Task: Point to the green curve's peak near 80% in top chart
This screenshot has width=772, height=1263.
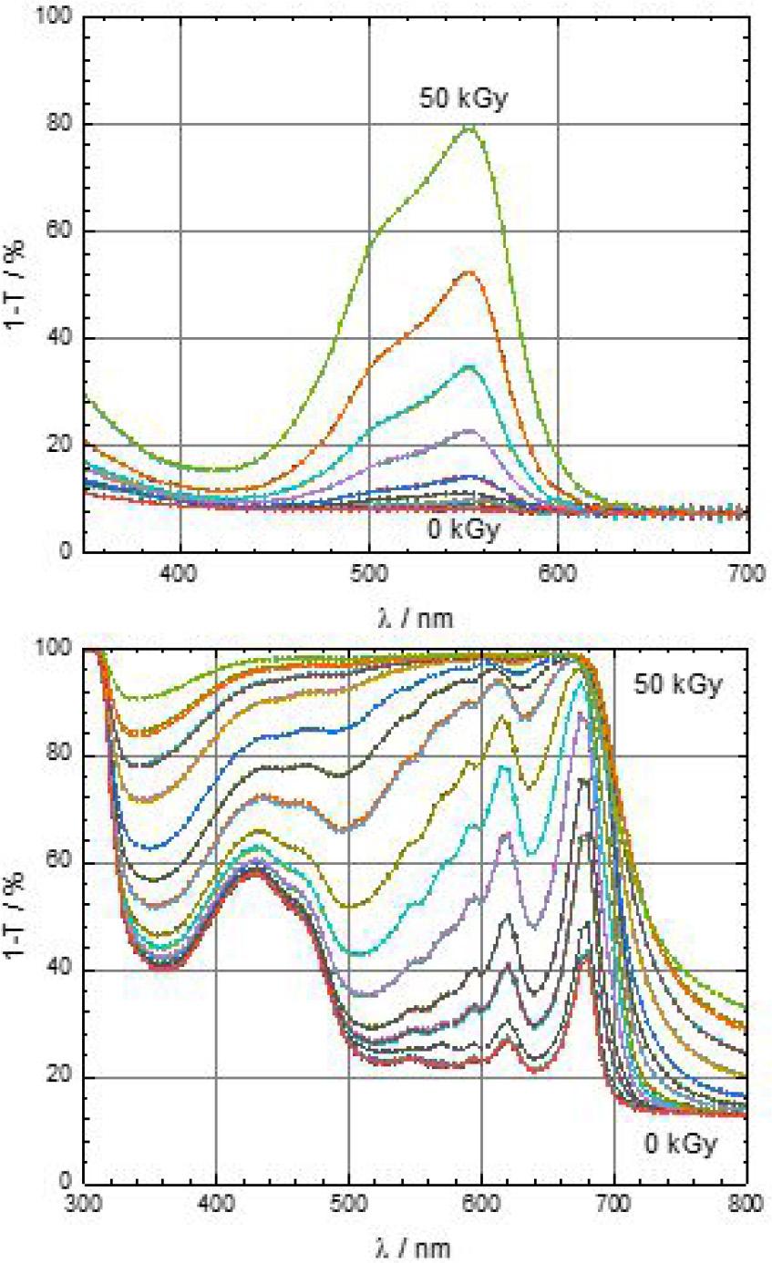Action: pyautogui.click(x=470, y=127)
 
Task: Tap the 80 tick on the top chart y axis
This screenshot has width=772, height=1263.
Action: pyautogui.click(x=61, y=124)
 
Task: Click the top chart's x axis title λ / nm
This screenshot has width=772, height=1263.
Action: pyautogui.click(x=415, y=618)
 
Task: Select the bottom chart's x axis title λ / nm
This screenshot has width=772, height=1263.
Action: pyautogui.click(x=415, y=1248)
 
